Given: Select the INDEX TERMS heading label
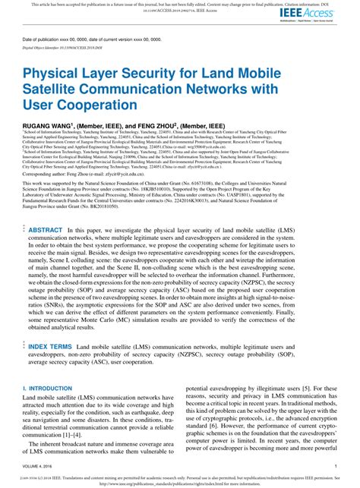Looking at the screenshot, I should (x=50, y=347).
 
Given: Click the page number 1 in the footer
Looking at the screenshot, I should (x=336, y=467).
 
